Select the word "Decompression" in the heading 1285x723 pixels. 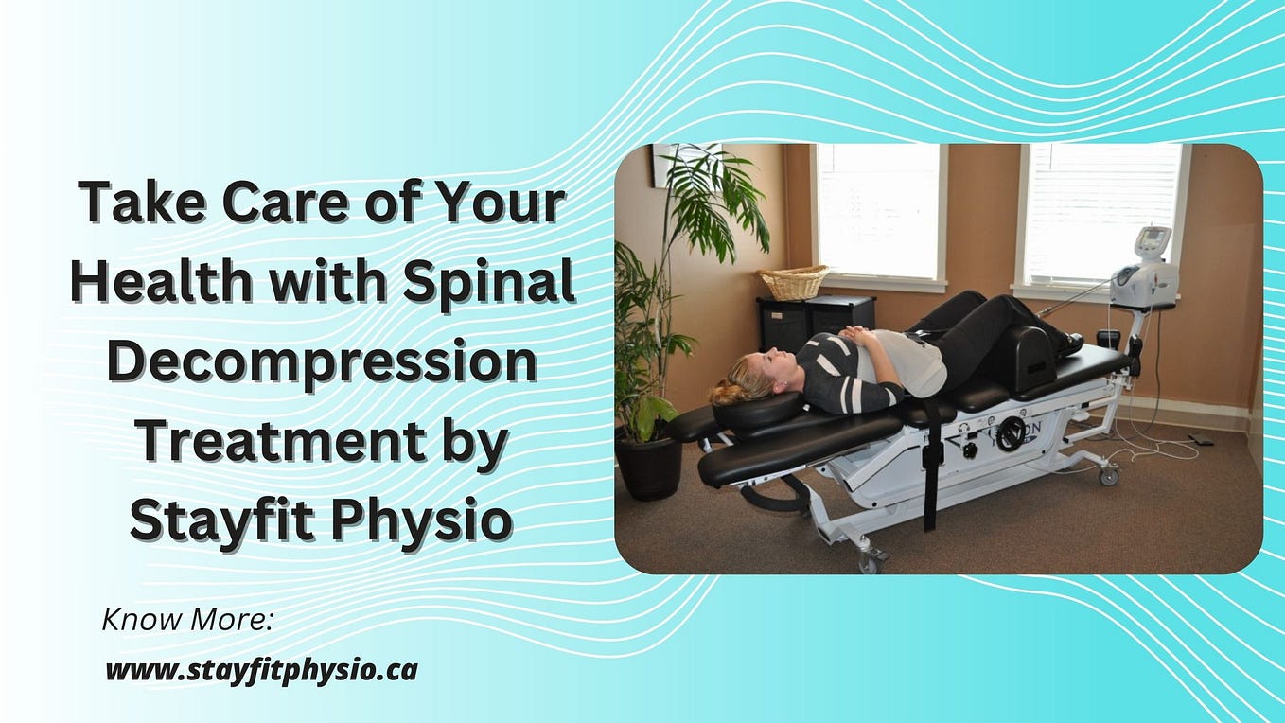(322, 365)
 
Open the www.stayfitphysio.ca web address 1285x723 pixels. (261, 671)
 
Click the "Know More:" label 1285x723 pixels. (187, 622)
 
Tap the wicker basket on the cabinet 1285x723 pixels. (793, 281)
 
